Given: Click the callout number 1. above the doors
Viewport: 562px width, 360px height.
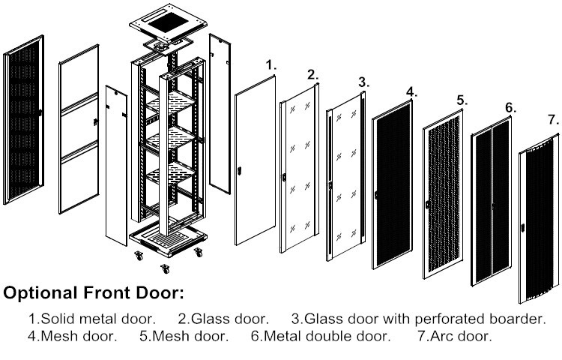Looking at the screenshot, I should [x=271, y=66].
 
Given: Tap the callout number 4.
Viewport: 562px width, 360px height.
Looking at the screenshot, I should [x=411, y=92].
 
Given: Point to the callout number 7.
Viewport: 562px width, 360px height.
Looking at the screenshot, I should [x=553, y=119].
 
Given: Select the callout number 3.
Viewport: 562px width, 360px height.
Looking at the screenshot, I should [x=363, y=81].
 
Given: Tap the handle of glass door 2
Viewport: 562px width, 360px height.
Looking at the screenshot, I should [x=285, y=178].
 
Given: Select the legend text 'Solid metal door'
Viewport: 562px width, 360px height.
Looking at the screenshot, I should [x=91, y=319].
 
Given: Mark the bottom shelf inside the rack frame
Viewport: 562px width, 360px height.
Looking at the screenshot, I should [x=172, y=178].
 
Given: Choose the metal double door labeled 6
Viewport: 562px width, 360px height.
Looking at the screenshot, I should [x=492, y=202].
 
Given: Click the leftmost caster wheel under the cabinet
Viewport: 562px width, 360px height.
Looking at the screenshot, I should [x=138, y=256].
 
